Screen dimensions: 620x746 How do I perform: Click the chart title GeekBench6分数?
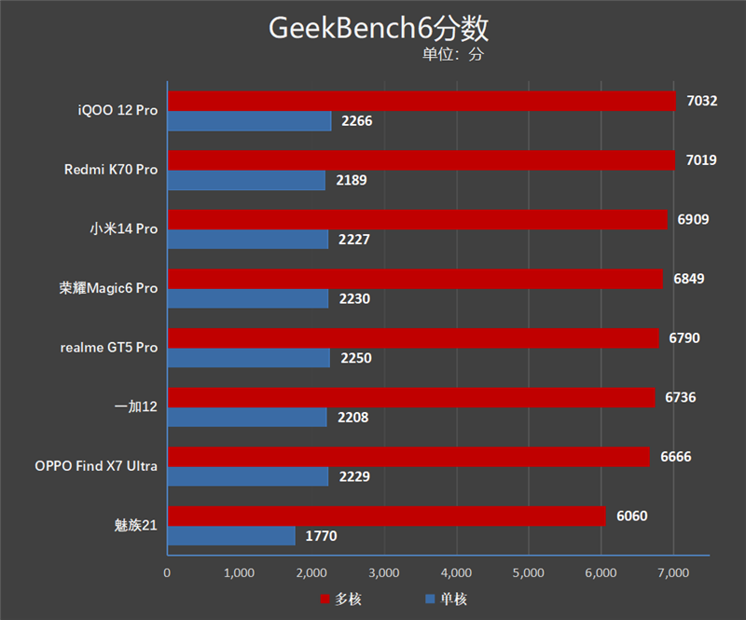pos(379,28)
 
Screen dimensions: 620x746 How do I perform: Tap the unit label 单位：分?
pos(453,55)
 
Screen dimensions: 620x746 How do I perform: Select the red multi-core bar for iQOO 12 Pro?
pos(421,101)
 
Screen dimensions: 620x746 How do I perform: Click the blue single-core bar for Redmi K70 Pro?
pos(246,180)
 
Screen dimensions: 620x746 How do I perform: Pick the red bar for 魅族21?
pos(386,516)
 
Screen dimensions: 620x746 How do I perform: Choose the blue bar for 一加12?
pos(247,417)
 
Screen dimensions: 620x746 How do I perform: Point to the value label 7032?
pos(701,101)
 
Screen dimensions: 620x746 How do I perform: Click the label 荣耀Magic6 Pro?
pos(108,288)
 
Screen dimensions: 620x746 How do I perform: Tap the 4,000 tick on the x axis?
pos(456,572)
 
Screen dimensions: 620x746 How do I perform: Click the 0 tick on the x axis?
pos(167,572)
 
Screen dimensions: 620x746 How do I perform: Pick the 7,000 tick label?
pos(673,572)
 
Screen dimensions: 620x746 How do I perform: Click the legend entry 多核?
pos(340,599)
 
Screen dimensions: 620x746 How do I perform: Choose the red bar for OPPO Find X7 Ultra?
pos(408,457)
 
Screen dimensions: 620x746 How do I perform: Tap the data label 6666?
pos(675,457)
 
